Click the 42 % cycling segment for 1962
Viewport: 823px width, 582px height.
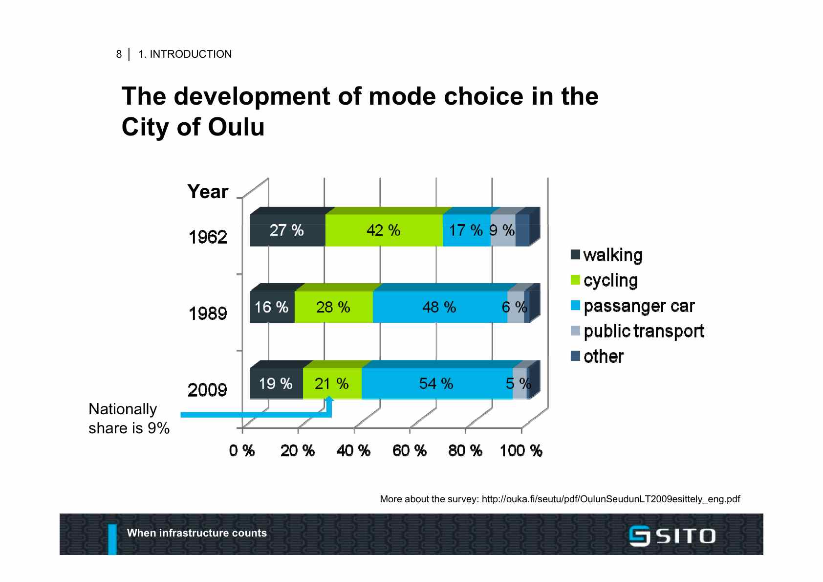[384, 230]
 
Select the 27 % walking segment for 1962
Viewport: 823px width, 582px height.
[287, 230]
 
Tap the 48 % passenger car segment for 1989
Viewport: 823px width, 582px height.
[439, 307]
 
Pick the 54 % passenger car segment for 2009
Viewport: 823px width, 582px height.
[436, 383]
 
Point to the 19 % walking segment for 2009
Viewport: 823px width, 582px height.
[276, 383]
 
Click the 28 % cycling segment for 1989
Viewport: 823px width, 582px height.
[333, 307]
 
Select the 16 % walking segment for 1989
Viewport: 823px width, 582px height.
[272, 307]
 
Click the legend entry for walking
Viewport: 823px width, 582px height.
[606, 255]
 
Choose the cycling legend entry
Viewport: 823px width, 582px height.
[605, 281]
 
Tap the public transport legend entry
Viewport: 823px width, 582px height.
[637, 332]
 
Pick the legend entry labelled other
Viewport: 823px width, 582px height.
[597, 357]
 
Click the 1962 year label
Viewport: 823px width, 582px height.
[208, 237]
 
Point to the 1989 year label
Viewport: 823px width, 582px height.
[208, 313]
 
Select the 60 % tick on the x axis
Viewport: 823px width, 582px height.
[410, 450]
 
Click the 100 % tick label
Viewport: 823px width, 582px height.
[521, 450]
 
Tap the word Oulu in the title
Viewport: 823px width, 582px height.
[236, 127]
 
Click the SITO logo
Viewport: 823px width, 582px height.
[672, 536]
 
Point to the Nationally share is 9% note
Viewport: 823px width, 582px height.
[129, 419]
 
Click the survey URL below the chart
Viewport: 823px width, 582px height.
[610, 499]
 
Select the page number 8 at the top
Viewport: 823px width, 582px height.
[119, 54]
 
